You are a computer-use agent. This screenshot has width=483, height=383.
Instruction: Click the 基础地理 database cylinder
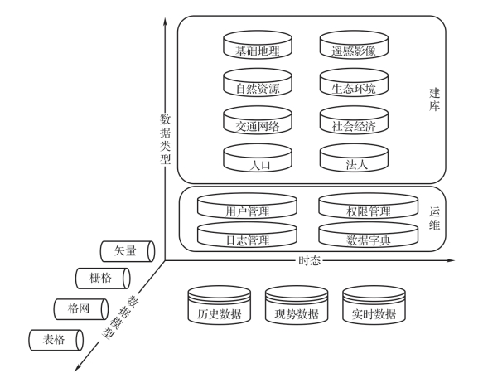pos(258,45)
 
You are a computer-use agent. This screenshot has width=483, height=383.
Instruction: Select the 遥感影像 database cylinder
pos(354,45)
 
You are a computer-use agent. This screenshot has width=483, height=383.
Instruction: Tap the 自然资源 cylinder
pos(258,82)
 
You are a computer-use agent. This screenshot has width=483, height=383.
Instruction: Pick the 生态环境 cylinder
pos(354,82)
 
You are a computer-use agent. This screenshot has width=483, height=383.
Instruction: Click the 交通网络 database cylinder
pos(258,120)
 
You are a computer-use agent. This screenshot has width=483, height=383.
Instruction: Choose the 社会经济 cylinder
pos(354,120)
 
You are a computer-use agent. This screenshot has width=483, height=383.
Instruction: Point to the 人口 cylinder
pos(258,158)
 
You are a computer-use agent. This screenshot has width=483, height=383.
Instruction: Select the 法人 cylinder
pos(354,158)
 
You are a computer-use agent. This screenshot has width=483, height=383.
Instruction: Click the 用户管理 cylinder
pos(247,206)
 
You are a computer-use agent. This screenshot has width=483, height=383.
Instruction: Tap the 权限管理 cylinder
pos(369,206)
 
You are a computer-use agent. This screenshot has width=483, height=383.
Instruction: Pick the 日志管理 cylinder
pos(247,235)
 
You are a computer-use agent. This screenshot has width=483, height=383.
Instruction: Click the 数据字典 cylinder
pos(369,235)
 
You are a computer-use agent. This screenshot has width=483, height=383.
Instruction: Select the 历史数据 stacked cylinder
pos(220,305)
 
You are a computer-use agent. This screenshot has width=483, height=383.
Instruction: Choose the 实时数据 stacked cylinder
pos(374,305)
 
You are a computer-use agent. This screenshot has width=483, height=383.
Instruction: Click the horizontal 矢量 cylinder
pos(128,251)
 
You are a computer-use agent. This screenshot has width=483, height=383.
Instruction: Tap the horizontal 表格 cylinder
pos(56,340)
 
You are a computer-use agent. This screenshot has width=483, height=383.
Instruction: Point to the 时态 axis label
pos(310,261)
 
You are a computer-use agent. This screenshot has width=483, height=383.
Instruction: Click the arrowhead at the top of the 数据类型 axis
pos(165,22)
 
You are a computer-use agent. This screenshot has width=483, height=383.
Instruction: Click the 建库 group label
pos(434,99)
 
